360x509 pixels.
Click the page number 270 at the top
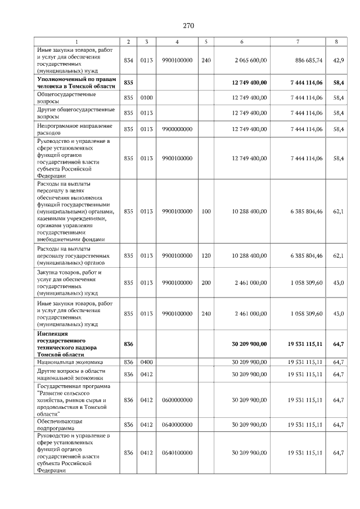pos(188,25)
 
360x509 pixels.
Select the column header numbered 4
pos(177,42)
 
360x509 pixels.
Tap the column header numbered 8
pos(336,42)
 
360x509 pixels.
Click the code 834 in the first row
pos(128,60)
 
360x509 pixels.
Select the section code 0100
pos(146,97)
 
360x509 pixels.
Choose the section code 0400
pos(146,363)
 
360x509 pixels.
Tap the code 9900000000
pos(177,129)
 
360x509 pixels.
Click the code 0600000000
pos(177,400)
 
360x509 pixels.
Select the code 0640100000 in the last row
pos(177,453)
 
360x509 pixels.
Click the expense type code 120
pos(206,255)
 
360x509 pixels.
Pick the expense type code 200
pos(206,283)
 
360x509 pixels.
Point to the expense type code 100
pos(206,211)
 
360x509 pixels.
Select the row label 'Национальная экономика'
pos(70,363)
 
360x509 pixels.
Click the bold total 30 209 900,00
pos(249,343)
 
